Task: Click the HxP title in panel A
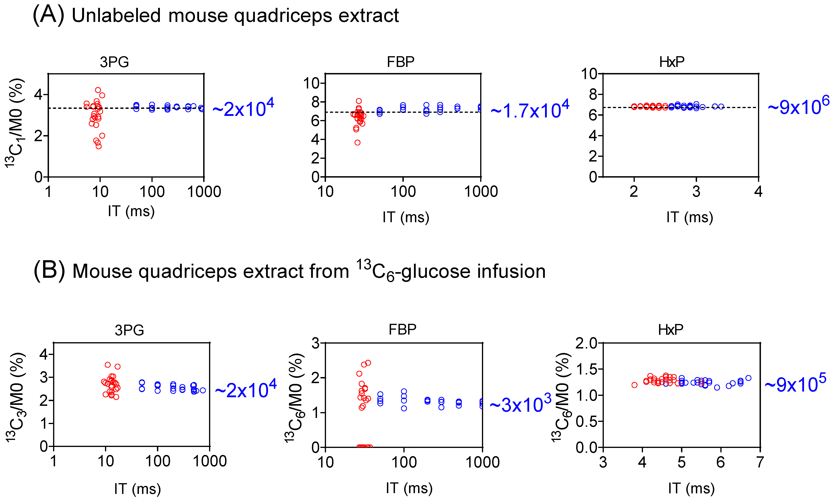(x=672, y=62)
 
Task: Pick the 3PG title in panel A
(x=114, y=62)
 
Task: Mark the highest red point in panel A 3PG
(x=98, y=90)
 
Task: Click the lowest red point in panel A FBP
(x=357, y=143)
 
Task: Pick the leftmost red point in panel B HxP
(x=634, y=385)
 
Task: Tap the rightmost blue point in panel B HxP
(x=748, y=378)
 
